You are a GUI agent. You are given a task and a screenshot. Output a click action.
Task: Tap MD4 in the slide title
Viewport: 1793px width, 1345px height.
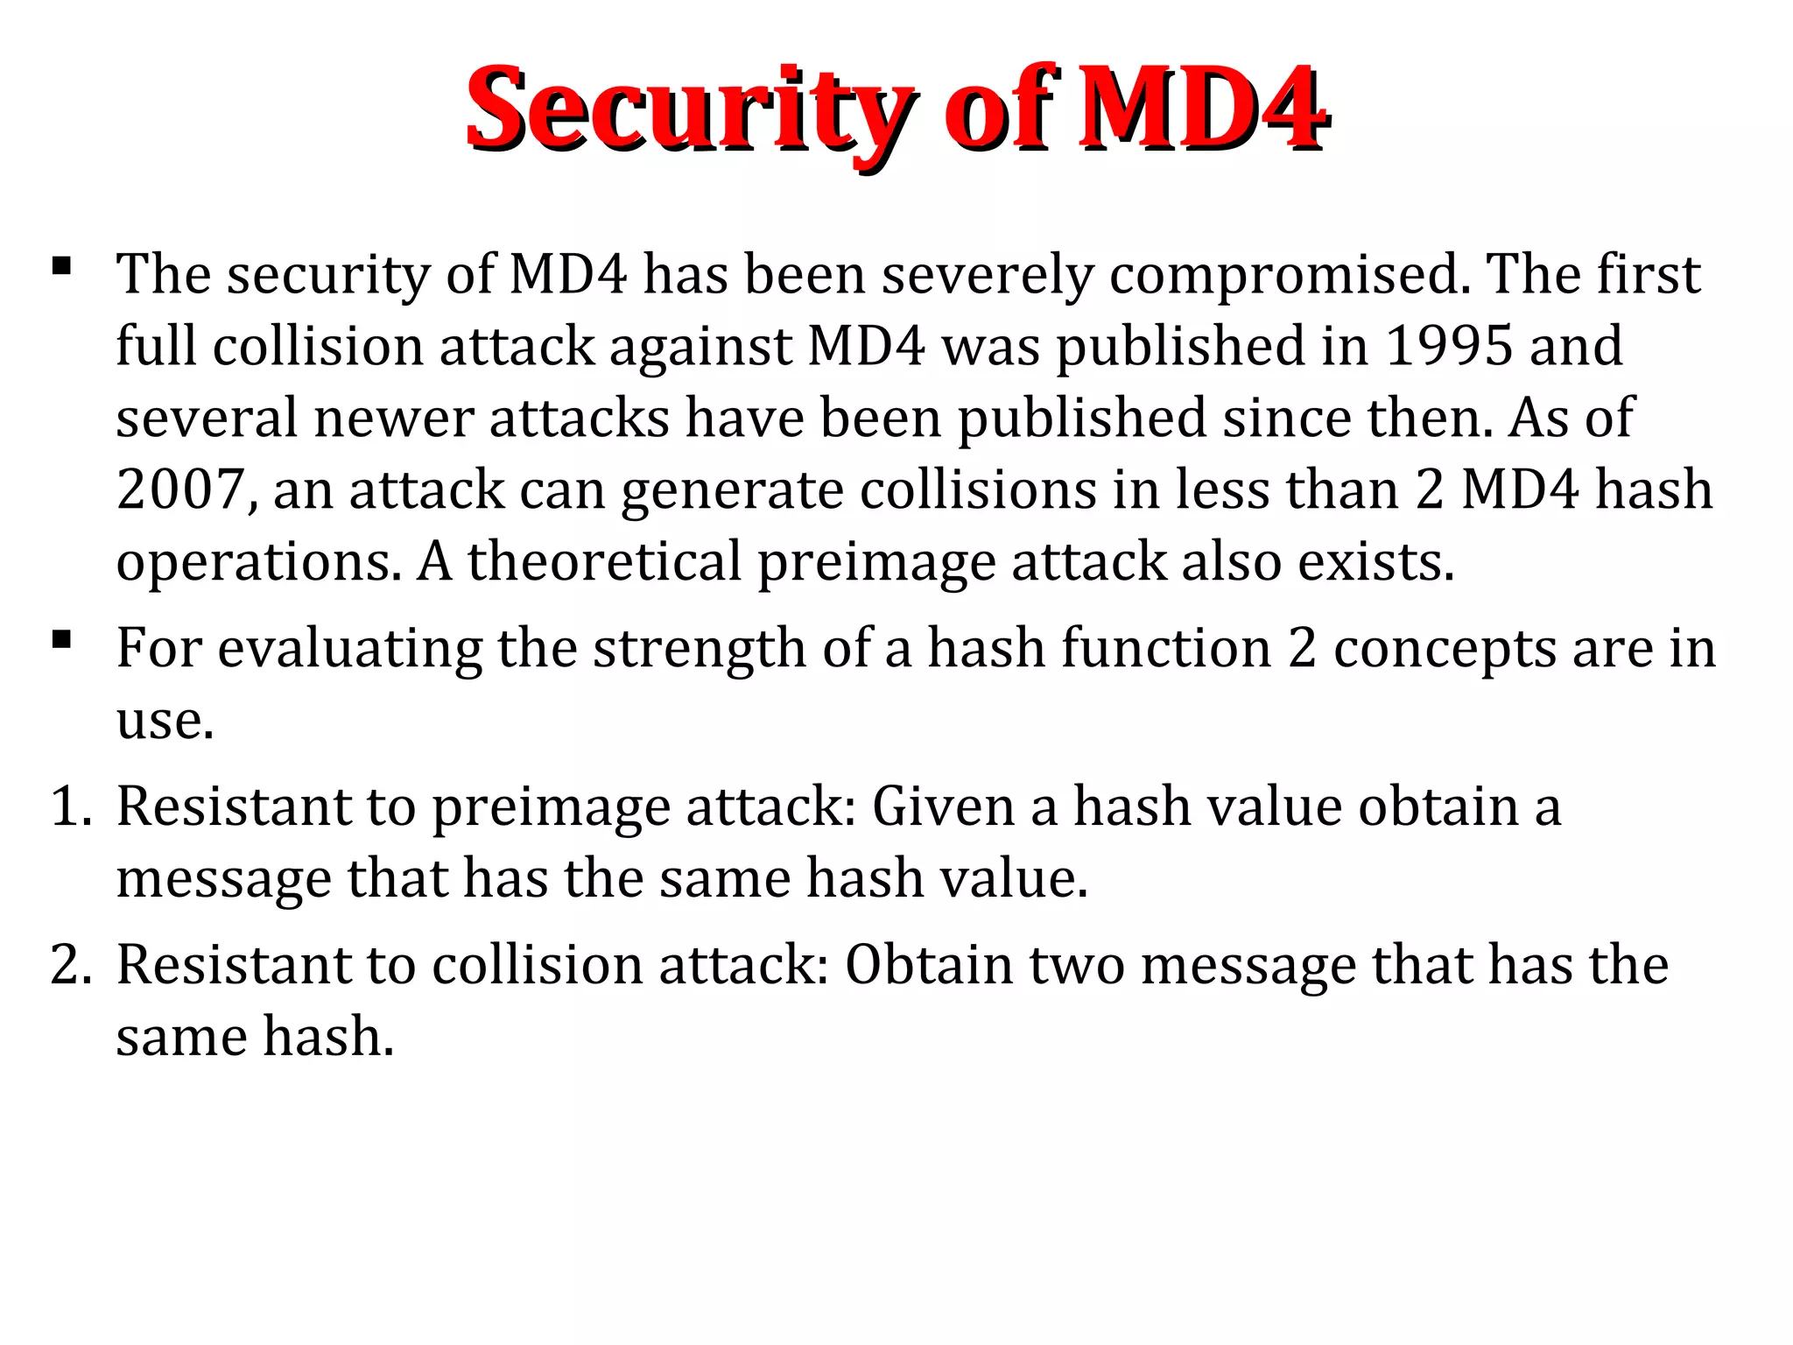(1201, 109)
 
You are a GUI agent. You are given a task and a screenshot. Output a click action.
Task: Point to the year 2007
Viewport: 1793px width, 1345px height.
(179, 489)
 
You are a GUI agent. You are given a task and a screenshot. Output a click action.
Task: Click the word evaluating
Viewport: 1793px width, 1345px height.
(349, 650)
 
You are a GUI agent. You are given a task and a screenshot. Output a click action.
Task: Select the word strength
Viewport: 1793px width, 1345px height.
(688, 650)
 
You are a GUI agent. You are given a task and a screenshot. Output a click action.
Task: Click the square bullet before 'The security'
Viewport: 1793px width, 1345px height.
(61, 265)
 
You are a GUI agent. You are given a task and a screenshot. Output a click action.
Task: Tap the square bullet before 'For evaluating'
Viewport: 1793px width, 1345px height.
(61, 639)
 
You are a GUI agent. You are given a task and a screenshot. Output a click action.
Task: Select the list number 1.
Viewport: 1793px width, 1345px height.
(69, 806)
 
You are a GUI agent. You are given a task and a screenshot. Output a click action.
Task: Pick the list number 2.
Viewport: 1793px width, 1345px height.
(69, 964)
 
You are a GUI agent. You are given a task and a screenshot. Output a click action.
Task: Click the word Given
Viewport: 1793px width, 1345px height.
(943, 806)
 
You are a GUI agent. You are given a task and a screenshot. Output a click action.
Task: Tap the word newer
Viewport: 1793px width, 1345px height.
(394, 419)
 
